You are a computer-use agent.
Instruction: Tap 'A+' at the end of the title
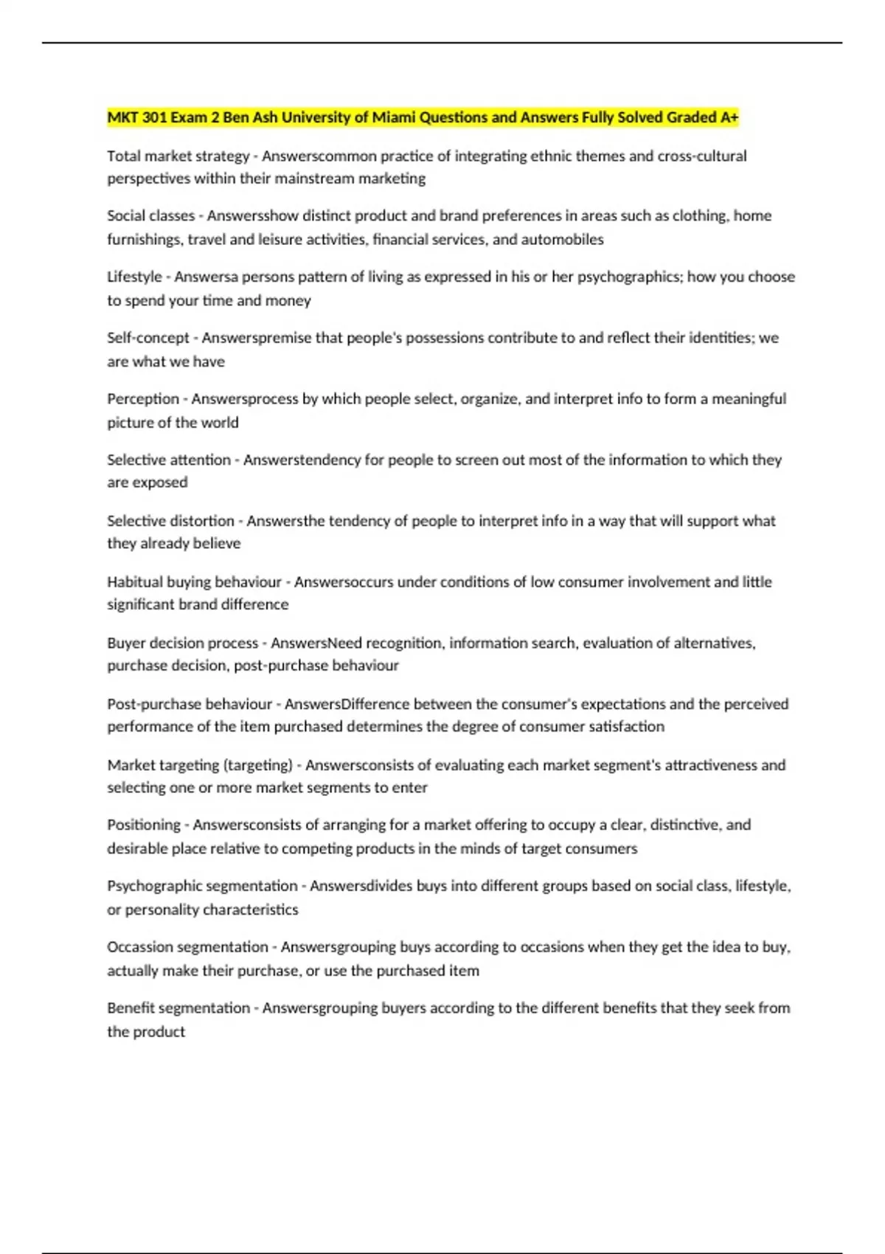click(x=729, y=117)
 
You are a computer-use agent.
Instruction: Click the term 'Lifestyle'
click(x=134, y=277)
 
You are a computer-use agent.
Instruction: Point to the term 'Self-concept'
click(x=148, y=338)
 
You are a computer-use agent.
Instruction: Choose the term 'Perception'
click(x=143, y=399)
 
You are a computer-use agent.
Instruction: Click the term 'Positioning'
click(x=144, y=825)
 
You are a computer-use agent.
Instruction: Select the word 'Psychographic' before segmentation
click(x=154, y=886)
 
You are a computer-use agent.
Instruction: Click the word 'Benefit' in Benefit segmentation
click(x=131, y=1008)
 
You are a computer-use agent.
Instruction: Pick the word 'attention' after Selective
click(x=201, y=460)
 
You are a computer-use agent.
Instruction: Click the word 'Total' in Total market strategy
click(x=124, y=156)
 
